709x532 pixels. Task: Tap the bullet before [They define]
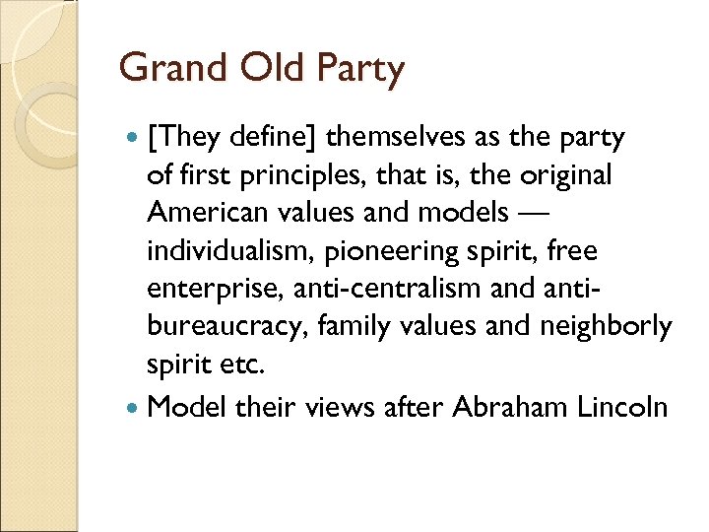click(133, 138)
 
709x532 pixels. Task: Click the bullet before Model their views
click(133, 406)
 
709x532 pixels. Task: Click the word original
click(568, 176)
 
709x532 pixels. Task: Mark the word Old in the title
click(260, 69)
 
